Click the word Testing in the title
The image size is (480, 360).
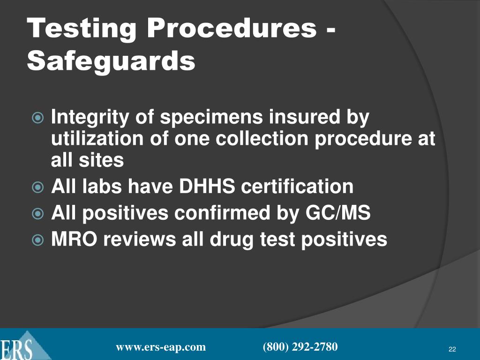pyautogui.click(x=82, y=29)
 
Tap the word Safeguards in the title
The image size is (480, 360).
pyautogui.click(x=111, y=61)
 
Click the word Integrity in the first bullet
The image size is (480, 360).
pyautogui.click(x=93, y=118)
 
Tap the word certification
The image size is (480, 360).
pyautogui.click(x=297, y=187)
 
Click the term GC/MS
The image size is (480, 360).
pyautogui.click(x=338, y=213)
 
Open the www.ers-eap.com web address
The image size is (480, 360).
pyautogui.click(x=161, y=347)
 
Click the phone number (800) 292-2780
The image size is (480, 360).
pyautogui.click(x=300, y=347)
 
